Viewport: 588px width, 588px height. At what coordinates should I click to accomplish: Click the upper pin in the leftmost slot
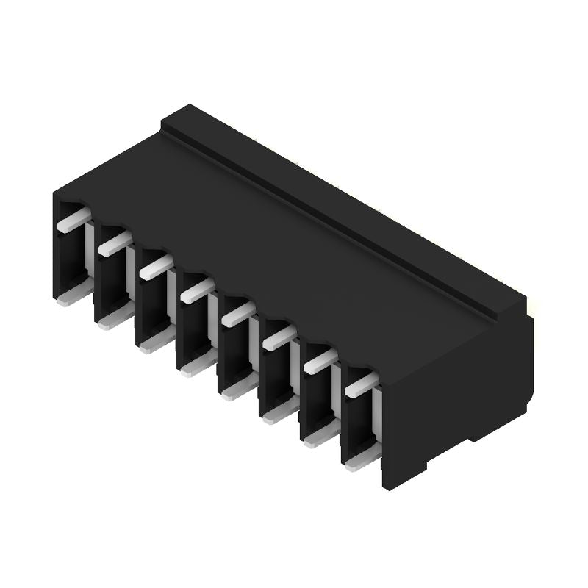[x=73, y=219]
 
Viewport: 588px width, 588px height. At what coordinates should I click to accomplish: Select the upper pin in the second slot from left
[x=114, y=241]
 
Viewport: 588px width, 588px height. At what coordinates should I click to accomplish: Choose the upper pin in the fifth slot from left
[x=237, y=314]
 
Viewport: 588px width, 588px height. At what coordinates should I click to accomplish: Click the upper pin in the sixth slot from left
[x=279, y=337]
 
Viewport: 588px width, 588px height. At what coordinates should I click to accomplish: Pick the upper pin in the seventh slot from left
[x=320, y=361]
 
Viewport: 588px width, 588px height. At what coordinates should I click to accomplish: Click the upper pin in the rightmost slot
[x=361, y=384]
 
